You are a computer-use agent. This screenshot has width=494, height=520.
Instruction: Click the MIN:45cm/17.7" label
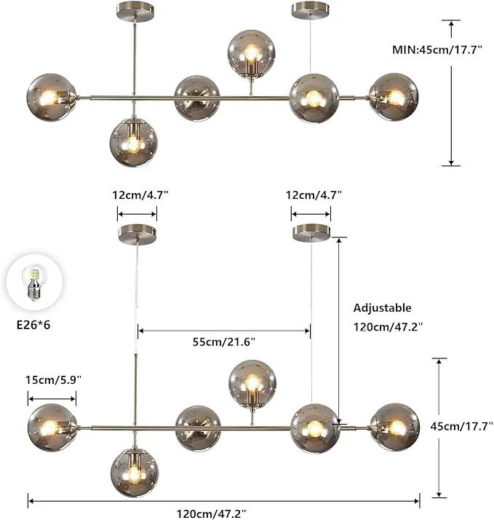437,50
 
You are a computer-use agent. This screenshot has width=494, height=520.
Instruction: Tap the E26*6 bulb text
33,325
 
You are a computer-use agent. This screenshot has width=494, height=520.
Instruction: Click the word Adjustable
382,308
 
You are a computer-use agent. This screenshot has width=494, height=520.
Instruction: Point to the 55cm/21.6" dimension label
224,342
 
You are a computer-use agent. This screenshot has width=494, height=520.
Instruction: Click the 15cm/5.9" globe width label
53,379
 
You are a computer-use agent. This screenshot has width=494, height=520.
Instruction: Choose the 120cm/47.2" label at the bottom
211,514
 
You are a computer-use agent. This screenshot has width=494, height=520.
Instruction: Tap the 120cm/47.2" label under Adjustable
388,327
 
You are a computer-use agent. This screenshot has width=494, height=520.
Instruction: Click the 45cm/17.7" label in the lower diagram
461,426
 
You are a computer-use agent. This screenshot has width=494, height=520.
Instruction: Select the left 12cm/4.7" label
140,195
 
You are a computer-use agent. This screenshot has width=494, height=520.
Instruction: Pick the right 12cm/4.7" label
314,195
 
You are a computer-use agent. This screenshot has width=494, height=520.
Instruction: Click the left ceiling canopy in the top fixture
135,9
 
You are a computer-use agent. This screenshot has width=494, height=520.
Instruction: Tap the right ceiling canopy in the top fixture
311,10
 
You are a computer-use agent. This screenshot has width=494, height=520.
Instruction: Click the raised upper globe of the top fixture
252,53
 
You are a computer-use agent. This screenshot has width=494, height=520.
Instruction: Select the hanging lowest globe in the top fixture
134,143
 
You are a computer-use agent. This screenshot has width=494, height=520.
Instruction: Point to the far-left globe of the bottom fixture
52,428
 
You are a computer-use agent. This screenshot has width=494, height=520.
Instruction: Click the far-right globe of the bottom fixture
395,428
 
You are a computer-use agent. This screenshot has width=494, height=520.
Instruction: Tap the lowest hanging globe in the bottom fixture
135,473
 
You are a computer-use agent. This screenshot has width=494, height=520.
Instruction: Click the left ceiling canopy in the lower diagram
137,233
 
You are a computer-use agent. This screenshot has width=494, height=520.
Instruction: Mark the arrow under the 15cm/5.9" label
52,398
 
